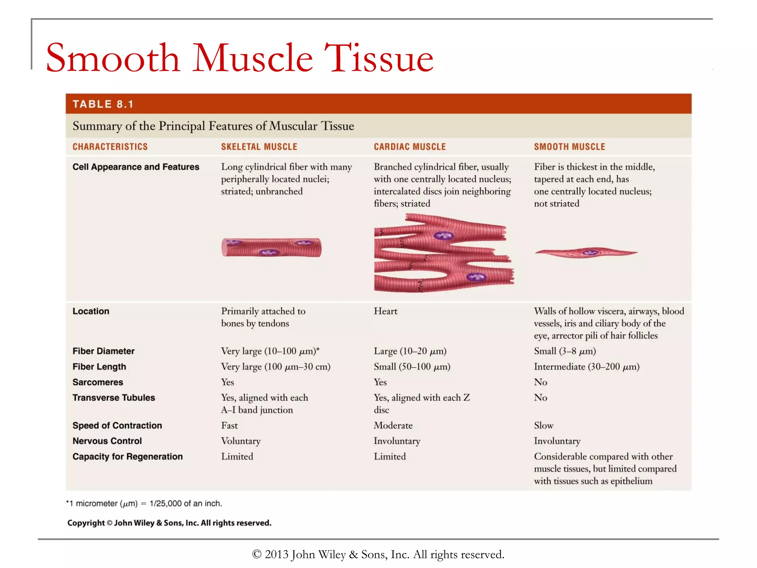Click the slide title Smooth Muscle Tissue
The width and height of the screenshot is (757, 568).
(240, 58)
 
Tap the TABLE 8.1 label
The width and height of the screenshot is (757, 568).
(103, 104)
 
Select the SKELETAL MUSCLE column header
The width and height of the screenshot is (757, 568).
(259, 147)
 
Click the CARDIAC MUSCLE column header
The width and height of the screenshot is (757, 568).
(410, 147)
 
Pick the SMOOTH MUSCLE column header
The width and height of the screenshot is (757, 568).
(569, 147)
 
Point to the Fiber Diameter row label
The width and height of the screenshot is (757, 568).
(103, 351)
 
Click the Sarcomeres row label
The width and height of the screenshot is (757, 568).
(98, 382)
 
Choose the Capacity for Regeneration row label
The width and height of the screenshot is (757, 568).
(128, 457)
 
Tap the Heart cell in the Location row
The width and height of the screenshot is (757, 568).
(386, 311)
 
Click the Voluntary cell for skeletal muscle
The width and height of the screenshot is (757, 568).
(241, 441)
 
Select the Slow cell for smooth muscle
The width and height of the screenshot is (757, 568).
(543, 425)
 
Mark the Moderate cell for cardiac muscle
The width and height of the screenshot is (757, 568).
(393, 425)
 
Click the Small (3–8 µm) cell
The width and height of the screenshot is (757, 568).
(565, 351)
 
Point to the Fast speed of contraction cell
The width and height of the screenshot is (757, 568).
(229, 425)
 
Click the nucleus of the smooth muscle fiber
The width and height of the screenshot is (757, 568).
(590, 253)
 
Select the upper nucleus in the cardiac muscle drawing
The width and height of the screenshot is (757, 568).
(444, 236)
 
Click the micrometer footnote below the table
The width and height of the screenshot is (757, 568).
(144, 503)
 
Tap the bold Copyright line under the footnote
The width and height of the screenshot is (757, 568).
(169, 523)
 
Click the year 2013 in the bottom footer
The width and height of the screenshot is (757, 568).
(276, 554)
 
